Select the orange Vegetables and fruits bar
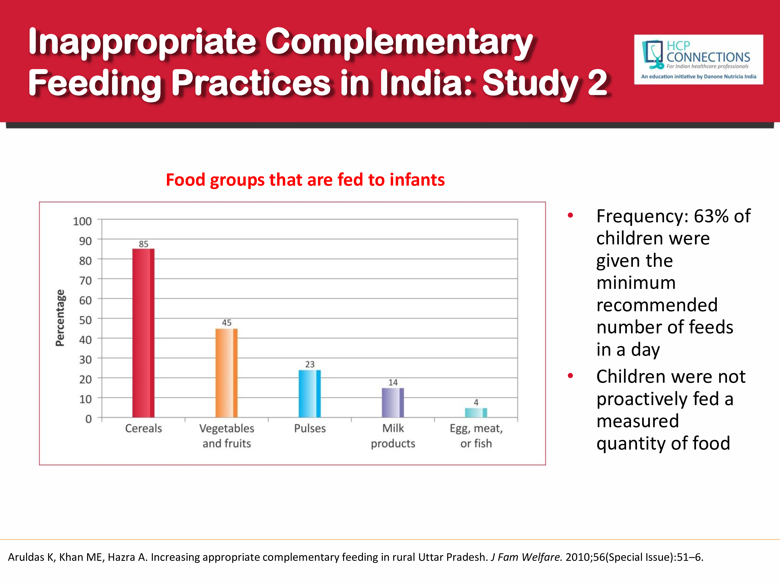click(x=226, y=373)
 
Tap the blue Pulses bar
click(x=310, y=394)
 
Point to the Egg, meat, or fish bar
click(x=476, y=413)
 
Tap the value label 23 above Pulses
click(x=310, y=364)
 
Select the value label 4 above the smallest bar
click(x=476, y=402)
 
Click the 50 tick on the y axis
click(x=85, y=320)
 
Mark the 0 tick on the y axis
click(x=88, y=419)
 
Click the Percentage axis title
click(x=60, y=318)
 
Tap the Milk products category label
click(x=393, y=435)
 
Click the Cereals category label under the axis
click(x=144, y=428)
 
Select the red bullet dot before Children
click(x=570, y=376)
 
